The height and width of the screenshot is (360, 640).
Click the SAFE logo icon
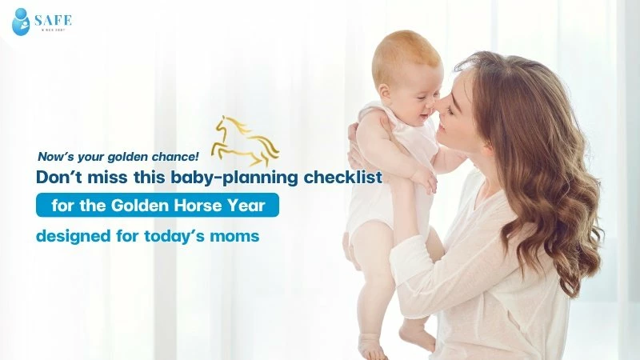pos(21,22)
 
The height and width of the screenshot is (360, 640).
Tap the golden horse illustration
pos(243,140)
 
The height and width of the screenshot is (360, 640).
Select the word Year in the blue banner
pos(254,206)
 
